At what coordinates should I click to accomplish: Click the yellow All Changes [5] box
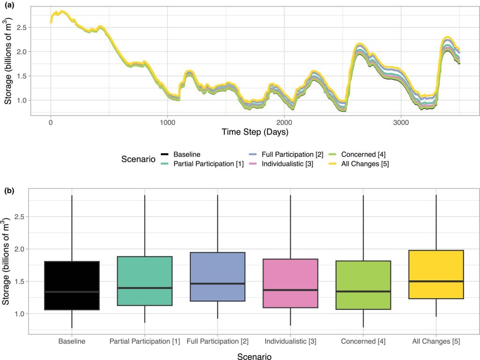tap(436, 274)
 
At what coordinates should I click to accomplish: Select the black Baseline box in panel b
tap(72, 285)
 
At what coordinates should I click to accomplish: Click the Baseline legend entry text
tap(186, 154)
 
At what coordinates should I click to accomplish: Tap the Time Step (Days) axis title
tap(255, 132)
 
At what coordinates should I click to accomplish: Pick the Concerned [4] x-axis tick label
tap(363, 341)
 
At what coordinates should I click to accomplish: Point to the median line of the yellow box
tap(436, 281)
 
